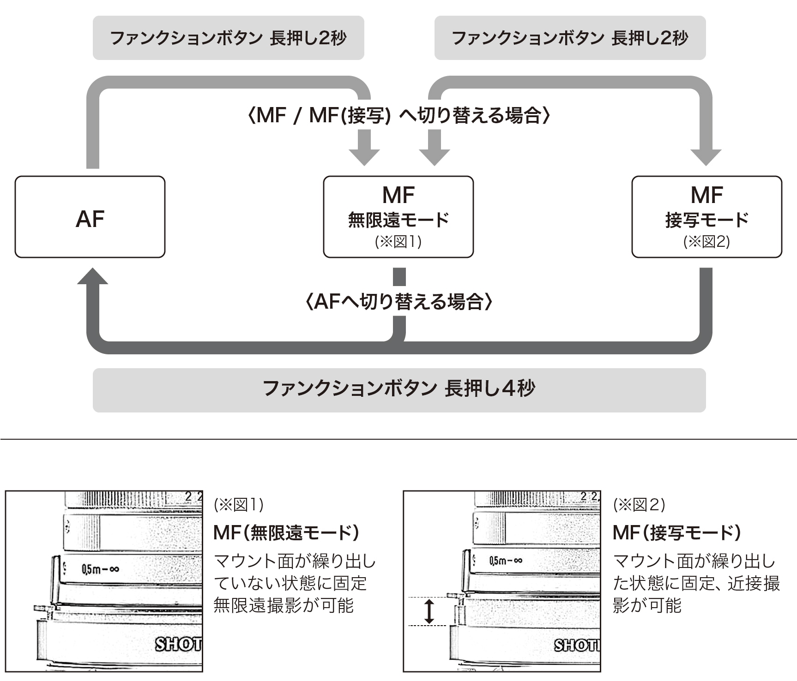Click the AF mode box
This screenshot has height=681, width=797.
(x=90, y=217)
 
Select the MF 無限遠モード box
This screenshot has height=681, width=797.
(x=398, y=217)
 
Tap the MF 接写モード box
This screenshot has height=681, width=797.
(x=706, y=217)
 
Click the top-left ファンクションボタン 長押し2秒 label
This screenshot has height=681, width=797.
(x=228, y=38)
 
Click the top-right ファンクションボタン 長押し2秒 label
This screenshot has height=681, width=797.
(x=570, y=38)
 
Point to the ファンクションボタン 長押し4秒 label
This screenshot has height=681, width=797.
(x=399, y=388)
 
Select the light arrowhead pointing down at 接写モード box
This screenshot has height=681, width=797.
(x=706, y=157)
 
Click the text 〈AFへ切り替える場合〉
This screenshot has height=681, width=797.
(x=399, y=302)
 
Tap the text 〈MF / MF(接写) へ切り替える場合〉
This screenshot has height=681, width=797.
(x=399, y=115)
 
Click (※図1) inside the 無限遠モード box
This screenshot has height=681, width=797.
(x=398, y=242)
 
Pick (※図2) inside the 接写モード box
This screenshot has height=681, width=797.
(x=706, y=242)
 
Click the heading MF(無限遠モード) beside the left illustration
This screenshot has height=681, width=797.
(x=286, y=533)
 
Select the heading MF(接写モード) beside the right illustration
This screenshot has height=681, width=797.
(x=677, y=533)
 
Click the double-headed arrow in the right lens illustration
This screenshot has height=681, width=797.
(x=429, y=611)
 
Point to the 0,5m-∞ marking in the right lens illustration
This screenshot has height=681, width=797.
(x=506, y=561)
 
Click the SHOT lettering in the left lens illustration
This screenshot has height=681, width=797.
(x=178, y=644)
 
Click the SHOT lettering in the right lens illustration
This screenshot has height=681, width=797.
(x=577, y=645)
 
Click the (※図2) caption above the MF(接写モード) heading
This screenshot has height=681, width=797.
(x=639, y=505)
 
